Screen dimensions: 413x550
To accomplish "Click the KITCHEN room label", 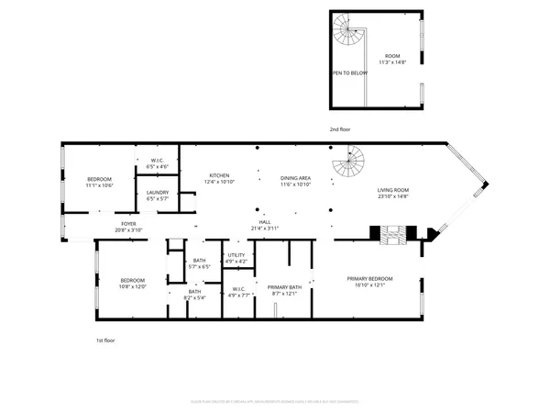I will [218, 175].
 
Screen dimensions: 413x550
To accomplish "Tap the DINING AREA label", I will [295, 175].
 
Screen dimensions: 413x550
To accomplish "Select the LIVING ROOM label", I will [392, 191].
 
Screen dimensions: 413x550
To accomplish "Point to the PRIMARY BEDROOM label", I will [369, 278].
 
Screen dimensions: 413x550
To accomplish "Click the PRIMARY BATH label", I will [283, 287].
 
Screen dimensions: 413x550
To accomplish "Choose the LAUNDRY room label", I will [157, 194].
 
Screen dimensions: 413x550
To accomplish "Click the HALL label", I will [265, 223].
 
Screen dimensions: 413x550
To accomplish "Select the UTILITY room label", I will [236, 254].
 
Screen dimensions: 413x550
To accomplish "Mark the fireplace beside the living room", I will [392, 233].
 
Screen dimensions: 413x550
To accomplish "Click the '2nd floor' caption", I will [340, 129].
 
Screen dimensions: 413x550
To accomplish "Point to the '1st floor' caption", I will [105, 340].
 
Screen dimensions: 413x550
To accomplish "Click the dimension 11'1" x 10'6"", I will [99, 184].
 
